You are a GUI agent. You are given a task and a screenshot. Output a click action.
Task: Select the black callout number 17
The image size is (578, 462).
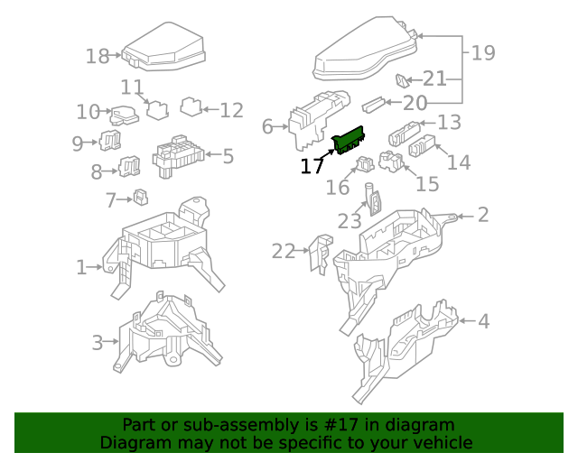coord(312,166)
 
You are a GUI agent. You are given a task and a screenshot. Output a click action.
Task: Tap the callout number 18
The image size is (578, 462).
coord(98,56)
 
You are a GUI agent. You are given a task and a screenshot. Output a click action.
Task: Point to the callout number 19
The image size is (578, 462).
coord(483,52)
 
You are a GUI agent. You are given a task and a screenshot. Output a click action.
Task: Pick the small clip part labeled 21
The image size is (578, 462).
coord(405,79)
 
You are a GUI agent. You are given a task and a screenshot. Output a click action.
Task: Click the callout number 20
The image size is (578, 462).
coord(415,104)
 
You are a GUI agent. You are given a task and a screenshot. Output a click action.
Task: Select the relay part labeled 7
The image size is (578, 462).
coord(141,198)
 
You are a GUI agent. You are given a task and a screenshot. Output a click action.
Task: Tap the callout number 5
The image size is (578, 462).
coord(228,156)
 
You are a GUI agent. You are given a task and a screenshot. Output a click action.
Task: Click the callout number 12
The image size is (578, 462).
coord(232,110)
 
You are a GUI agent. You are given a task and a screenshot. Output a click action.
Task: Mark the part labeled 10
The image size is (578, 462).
coord(120,115)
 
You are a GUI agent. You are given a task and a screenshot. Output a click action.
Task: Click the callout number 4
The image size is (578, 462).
coord(483,320)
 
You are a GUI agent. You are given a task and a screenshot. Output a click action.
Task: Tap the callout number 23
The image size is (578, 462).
coord(350,221)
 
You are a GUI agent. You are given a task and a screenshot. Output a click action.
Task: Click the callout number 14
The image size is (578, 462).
coord(459,162)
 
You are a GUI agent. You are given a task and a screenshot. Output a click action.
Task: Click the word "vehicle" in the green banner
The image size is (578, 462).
coord(442,443)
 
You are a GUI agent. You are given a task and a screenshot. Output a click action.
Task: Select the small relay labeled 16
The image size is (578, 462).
coord(366,164)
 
